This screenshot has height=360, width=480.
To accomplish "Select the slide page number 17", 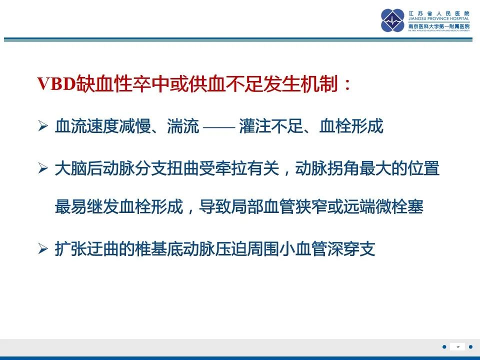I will pos(457,346).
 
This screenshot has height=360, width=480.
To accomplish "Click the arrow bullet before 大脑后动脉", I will pos(42,169).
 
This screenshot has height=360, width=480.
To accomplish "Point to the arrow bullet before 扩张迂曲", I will pos(42,249).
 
